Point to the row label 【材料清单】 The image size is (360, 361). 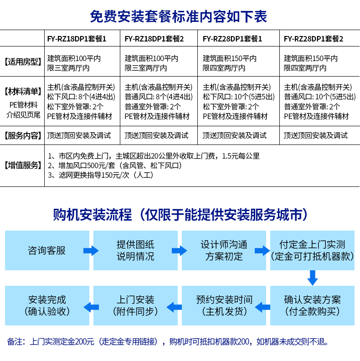tap(23, 92)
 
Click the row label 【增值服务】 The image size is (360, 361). tap(23, 165)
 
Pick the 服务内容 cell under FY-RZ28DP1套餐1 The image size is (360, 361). tap(234, 135)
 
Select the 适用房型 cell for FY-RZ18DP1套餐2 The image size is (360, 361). tap(152, 63)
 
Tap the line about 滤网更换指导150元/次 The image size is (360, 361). tap(101, 175)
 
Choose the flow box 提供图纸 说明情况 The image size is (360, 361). tap(135, 250)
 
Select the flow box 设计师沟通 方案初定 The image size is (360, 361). tap(224, 250)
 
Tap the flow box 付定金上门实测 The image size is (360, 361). tap(312, 250)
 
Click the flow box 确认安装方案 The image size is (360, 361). tap(312, 305)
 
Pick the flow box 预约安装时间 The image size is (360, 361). tap(224, 305)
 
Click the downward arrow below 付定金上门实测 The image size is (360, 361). tap(312, 278)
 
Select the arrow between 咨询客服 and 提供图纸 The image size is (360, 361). tap(91, 250)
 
